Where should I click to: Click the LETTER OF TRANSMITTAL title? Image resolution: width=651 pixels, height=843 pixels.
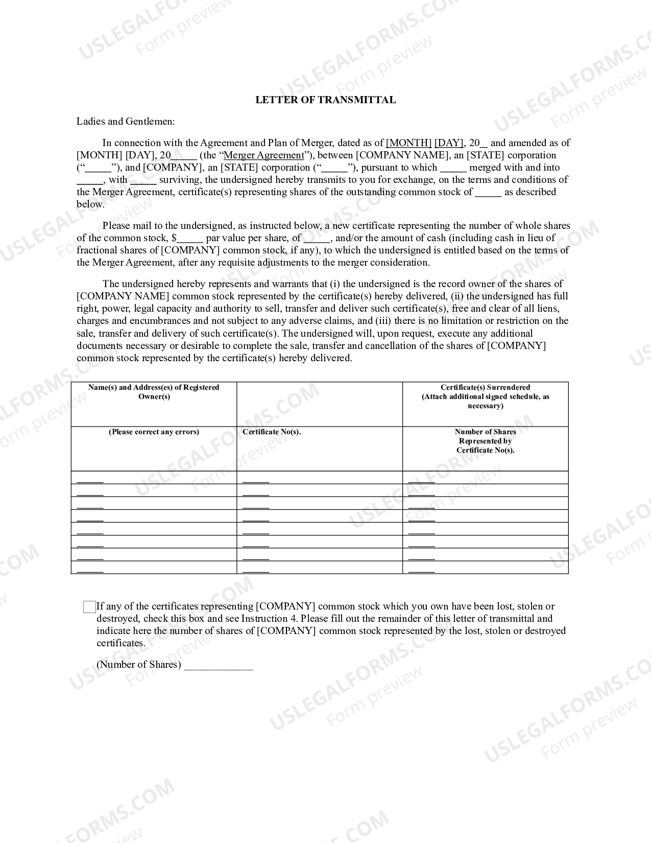325,100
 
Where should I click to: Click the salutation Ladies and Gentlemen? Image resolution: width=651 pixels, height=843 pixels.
126,122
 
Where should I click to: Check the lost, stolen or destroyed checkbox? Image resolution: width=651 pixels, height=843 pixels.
89,607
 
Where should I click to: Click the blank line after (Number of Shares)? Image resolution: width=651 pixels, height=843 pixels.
218,665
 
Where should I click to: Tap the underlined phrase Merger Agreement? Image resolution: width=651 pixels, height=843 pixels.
263,155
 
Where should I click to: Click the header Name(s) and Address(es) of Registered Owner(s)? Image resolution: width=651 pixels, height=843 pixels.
154,392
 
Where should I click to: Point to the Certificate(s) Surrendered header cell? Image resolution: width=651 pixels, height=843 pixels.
485,396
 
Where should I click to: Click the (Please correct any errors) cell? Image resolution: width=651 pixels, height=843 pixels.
154,432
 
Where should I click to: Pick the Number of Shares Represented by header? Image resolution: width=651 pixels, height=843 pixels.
485,441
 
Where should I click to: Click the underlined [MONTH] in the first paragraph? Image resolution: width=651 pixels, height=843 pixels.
408,143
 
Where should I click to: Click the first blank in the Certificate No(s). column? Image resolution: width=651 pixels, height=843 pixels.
255,479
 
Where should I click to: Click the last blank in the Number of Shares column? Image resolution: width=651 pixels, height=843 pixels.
422,569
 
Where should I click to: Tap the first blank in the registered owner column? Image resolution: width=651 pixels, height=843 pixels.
90,479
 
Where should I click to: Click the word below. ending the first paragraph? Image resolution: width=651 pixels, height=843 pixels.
90,204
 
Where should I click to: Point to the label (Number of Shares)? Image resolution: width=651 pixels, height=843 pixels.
139,665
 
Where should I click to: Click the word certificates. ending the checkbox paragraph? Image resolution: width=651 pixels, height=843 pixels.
121,643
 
